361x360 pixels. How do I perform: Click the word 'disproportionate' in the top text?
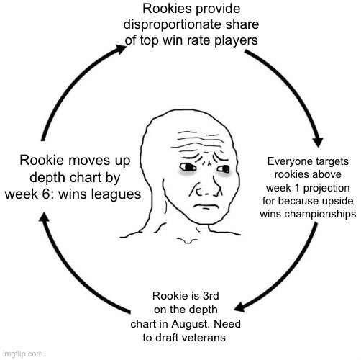coord(168,24)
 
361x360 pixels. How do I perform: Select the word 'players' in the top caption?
coord(236,40)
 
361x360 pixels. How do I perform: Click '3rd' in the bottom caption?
coord(211,296)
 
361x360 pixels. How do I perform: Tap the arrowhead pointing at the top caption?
coord(120,49)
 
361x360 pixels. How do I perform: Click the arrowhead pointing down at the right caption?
coord(319,143)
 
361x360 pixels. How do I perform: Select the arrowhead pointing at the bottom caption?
coord(239,307)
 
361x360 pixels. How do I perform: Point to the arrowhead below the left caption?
coord(45,217)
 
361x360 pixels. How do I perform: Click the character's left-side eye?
coord(187,167)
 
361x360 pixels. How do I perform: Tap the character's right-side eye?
coord(224,168)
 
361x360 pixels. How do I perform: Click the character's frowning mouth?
coord(206,207)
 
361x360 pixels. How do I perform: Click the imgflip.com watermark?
coord(23,354)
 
